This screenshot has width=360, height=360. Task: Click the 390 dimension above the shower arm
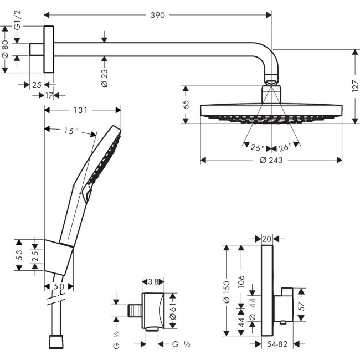157,16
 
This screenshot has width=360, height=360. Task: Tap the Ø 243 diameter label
271,161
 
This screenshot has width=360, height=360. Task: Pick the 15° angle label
70,131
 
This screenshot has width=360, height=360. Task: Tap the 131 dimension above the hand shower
81,110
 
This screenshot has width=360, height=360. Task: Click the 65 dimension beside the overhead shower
187,104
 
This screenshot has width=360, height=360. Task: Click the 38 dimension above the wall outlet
152,281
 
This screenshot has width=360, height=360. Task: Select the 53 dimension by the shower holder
20,255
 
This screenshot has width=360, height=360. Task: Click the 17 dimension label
49,96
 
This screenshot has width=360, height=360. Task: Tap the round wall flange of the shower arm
49,49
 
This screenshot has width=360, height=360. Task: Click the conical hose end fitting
55,342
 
